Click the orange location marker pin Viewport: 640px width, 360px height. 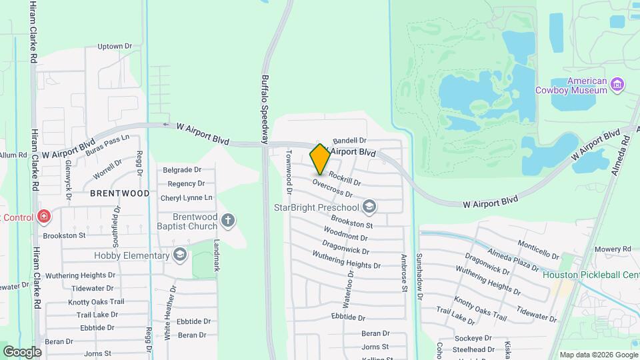[320, 159]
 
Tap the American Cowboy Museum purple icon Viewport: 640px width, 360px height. [617, 85]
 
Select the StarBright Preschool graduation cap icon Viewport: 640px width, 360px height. [371, 207]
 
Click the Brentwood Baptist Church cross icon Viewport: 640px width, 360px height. [228, 221]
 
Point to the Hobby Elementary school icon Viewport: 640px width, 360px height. [179, 255]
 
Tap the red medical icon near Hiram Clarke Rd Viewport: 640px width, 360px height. [43, 217]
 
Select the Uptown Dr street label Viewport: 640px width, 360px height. [115, 47]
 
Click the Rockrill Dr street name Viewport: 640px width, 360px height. [345, 178]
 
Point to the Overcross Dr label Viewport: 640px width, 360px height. [331, 189]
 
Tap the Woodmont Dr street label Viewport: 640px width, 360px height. [345, 233]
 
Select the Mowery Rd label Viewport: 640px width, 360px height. [613, 249]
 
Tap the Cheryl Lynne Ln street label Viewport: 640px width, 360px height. [186, 198]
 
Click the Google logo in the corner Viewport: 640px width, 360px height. [22, 352]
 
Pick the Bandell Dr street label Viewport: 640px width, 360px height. [350, 141]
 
